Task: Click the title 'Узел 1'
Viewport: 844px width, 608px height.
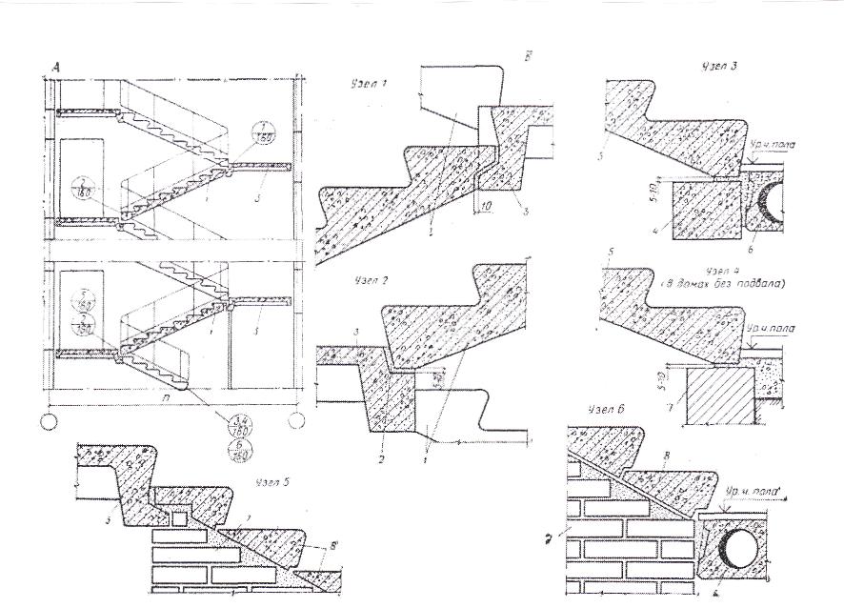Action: pos(357,84)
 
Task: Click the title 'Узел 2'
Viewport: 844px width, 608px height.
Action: pos(357,283)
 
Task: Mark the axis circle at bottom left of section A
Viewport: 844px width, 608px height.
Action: pos(49,418)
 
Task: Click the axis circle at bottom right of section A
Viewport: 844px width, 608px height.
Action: pos(299,418)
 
